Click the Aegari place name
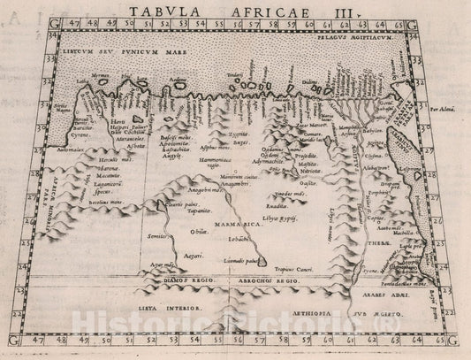point(182,255)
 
